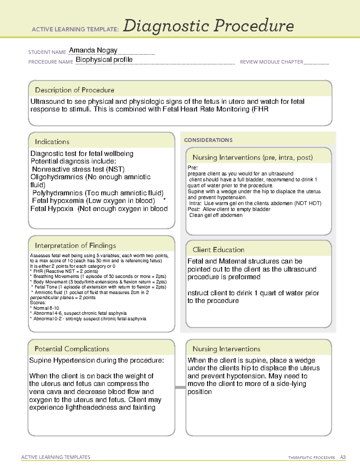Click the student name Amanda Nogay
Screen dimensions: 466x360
coord(93,50)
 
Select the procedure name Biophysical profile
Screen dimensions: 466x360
coord(104,60)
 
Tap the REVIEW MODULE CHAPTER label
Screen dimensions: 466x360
coord(271,62)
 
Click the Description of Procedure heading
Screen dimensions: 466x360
coord(74,90)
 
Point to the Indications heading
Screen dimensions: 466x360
coord(52,142)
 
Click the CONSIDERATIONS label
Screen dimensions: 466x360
coord(208,140)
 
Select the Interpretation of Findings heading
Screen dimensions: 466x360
coord(75,245)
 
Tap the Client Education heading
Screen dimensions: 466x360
coord(218,250)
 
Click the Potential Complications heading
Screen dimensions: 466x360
coord(72,349)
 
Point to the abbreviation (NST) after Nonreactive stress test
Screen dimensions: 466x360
coord(115,169)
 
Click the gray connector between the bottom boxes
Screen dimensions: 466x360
coord(180,387)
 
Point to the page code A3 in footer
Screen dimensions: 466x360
coord(343,457)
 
